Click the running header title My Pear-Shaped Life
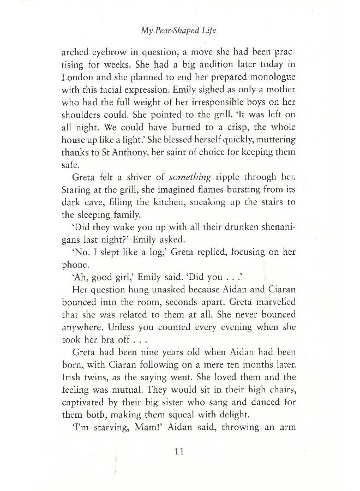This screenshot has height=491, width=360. tap(179, 31)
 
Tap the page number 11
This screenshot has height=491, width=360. tap(179, 451)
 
